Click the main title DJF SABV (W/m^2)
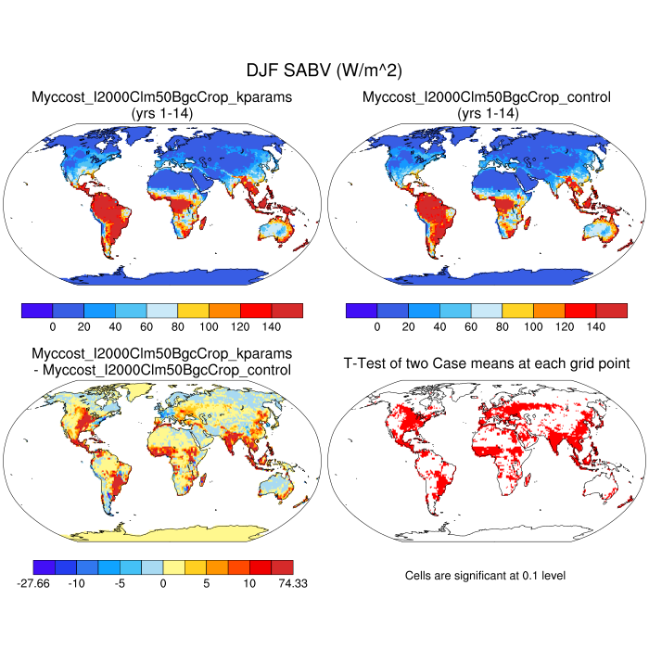(324, 70)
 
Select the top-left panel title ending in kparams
(162, 97)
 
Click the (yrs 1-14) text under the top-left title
(162, 112)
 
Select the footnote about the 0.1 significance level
(485, 576)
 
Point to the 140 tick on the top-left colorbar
(272, 327)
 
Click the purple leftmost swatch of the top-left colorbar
(37, 311)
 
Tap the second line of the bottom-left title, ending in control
(162, 370)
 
